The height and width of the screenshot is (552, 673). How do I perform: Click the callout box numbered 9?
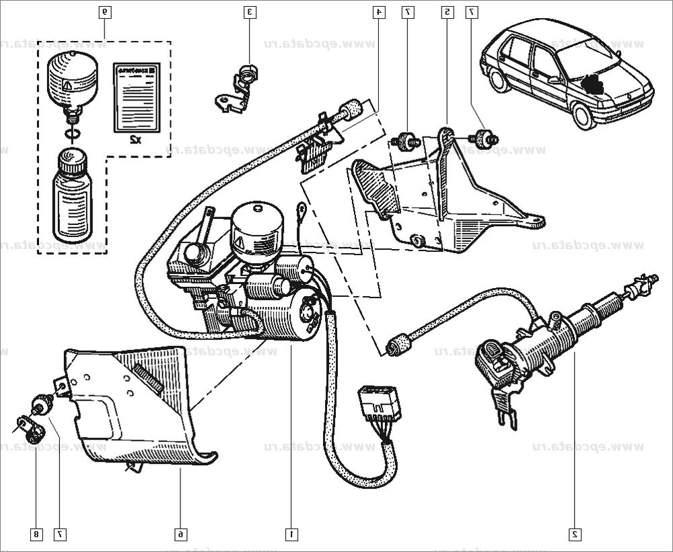104,12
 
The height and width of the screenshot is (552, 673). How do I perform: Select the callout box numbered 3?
249,12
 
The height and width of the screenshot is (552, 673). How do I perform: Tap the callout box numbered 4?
380,12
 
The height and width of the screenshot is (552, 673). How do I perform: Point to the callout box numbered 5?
447,12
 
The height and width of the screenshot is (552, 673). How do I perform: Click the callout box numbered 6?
180,534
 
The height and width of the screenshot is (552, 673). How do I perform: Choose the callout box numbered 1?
291,534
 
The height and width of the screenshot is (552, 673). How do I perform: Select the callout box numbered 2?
575,534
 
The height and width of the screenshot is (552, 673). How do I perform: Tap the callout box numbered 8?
36,534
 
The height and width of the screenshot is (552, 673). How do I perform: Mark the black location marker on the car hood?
593,84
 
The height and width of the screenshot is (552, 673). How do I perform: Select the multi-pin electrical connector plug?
377,404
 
